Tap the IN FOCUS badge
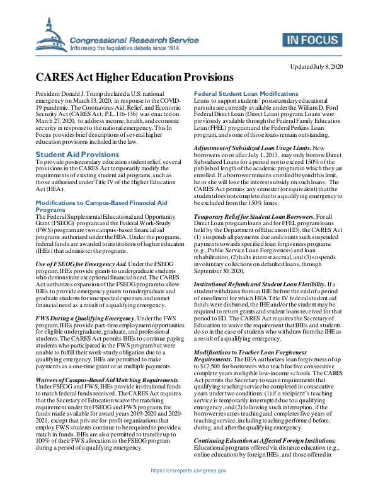312,41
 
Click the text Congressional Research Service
123,40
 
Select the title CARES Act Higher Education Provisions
134,78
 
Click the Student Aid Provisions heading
77,154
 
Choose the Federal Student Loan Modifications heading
241,93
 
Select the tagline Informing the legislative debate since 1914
125,48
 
